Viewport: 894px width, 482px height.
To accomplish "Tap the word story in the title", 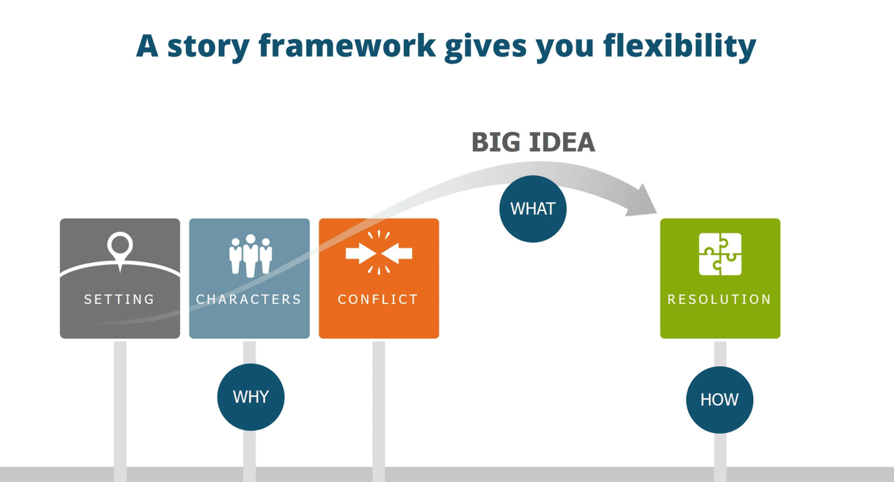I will pyautogui.click(x=212, y=47).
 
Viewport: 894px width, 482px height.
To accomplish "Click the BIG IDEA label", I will pyautogui.click(x=533, y=142).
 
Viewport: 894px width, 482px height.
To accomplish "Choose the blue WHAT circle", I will pyautogui.click(x=533, y=209).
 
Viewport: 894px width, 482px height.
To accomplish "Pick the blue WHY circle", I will pyautogui.click(x=251, y=397).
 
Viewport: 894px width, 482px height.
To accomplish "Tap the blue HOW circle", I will pyautogui.click(x=719, y=400).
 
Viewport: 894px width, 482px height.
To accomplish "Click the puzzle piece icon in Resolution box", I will pyautogui.click(x=720, y=254).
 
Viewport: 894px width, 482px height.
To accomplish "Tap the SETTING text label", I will pyautogui.click(x=119, y=300).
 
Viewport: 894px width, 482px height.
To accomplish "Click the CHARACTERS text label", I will pyautogui.click(x=249, y=300).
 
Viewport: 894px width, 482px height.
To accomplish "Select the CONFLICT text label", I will pyautogui.click(x=378, y=300).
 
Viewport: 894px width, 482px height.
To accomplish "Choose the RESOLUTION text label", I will pyautogui.click(x=719, y=300).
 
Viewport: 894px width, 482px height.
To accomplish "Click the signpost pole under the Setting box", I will pyautogui.click(x=120, y=412).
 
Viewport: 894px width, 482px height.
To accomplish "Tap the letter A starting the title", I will pyautogui.click(x=147, y=45).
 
